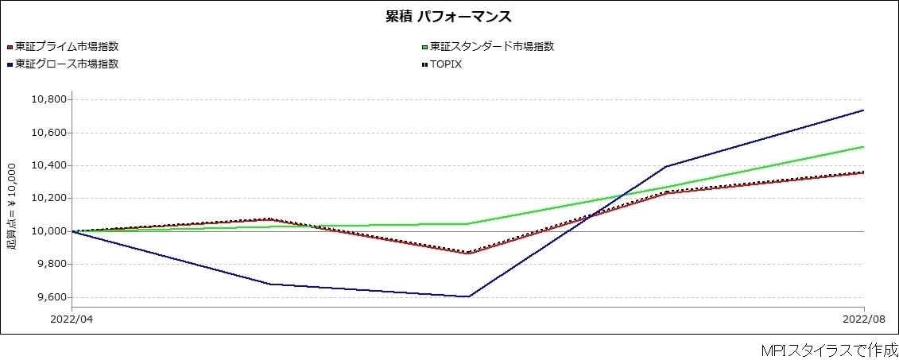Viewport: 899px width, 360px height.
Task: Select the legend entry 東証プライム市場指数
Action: (72, 46)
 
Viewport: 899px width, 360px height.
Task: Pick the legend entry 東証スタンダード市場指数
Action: (490, 46)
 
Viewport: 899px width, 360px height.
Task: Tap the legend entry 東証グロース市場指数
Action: (67, 64)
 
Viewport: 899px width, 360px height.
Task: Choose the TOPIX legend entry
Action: (445, 64)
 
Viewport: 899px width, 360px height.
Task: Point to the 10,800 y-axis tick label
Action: (48, 99)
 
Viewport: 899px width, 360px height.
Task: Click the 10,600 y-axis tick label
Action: (48, 133)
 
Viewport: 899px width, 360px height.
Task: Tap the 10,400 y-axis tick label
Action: (48, 165)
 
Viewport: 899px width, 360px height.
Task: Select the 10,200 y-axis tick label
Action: (48, 199)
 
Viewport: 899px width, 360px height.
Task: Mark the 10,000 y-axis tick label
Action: (48, 231)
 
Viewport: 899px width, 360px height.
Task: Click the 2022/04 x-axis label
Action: (72, 319)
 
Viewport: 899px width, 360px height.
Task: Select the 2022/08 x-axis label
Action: (863, 319)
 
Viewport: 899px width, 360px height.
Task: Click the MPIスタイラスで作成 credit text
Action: (829, 350)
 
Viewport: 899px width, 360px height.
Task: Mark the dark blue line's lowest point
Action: (469, 296)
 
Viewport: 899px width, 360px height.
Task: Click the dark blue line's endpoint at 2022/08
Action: (863, 110)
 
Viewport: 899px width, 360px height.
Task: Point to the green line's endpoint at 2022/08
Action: (863, 147)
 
